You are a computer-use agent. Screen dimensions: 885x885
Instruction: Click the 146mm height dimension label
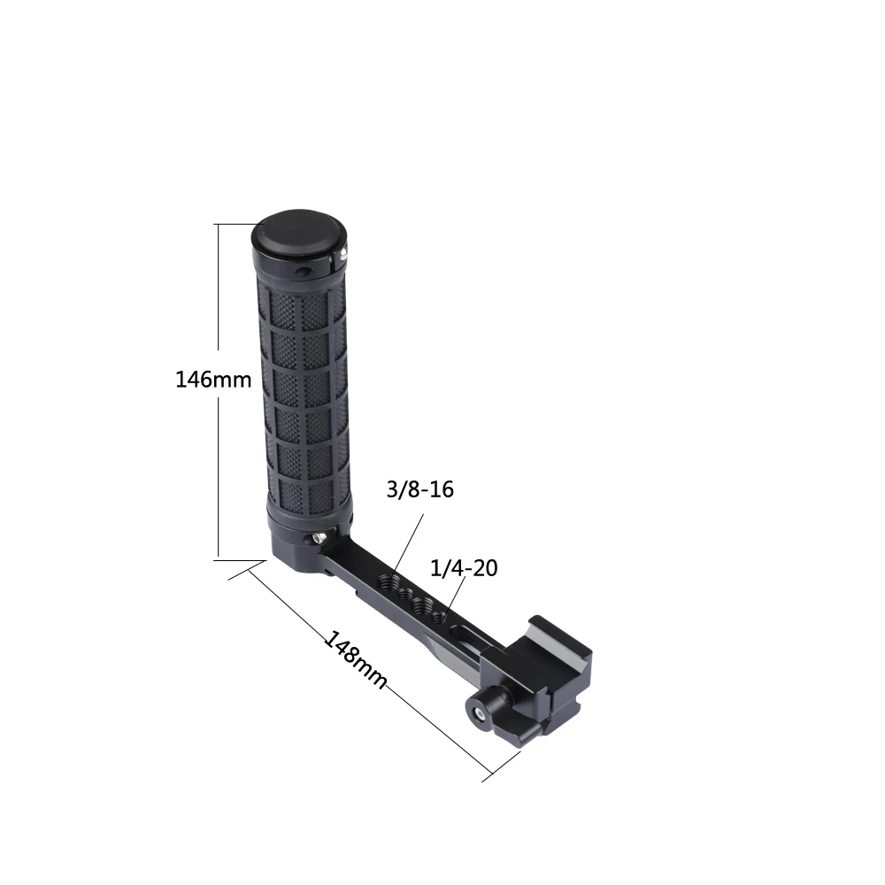coord(213,380)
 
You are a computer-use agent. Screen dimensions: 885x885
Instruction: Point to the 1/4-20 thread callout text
coord(463,568)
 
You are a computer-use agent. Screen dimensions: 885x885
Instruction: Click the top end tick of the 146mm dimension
coord(234,224)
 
